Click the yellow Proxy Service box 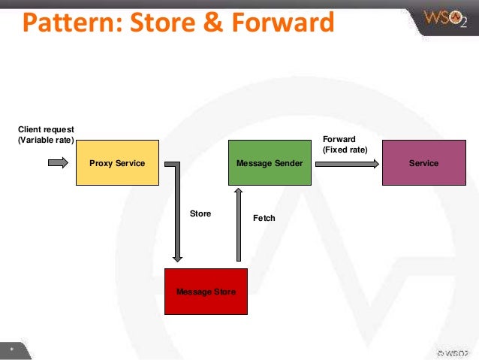117,162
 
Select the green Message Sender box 270,162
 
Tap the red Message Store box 206,291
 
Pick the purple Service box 423,162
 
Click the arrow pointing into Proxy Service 58,162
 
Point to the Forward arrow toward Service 347,163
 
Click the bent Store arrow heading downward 177,218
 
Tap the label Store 200,214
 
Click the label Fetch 264,218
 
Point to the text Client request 46,129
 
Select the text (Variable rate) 46,139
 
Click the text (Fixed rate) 345,150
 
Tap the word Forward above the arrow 339,139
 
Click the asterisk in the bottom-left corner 11,350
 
